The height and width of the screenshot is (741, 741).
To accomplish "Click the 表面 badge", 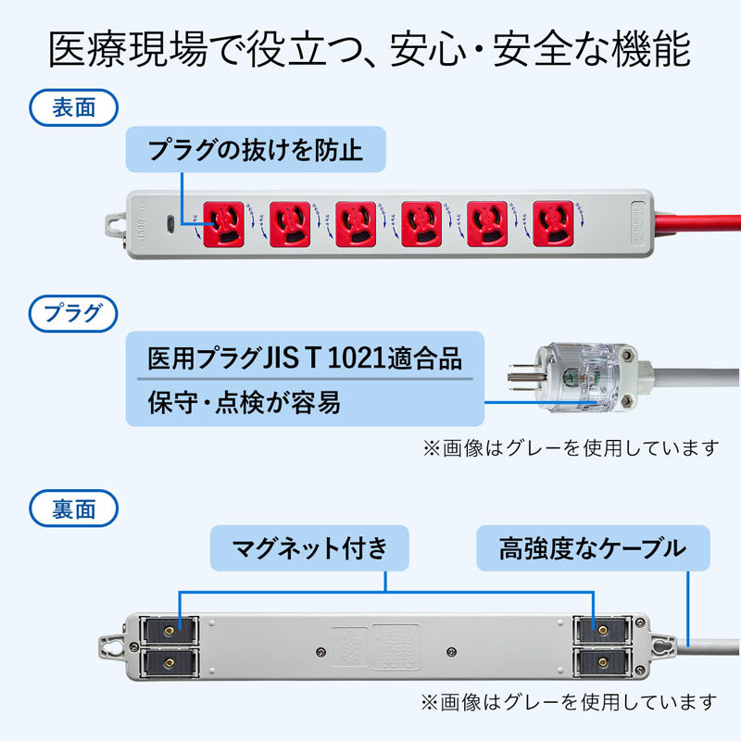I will point(74,107).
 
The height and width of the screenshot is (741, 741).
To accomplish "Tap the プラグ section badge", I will point(74,312).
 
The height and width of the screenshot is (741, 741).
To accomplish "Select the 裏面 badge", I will point(74,508).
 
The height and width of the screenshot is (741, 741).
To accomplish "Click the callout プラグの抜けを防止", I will point(255,149).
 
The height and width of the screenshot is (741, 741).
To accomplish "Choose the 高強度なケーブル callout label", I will point(593,548).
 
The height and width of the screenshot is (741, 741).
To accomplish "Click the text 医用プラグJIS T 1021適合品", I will point(305,358).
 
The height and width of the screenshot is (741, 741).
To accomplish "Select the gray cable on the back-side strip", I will point(713,645).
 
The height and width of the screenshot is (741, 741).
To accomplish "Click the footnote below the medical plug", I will point(571,447).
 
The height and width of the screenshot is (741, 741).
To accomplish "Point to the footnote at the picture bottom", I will point(569,701).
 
